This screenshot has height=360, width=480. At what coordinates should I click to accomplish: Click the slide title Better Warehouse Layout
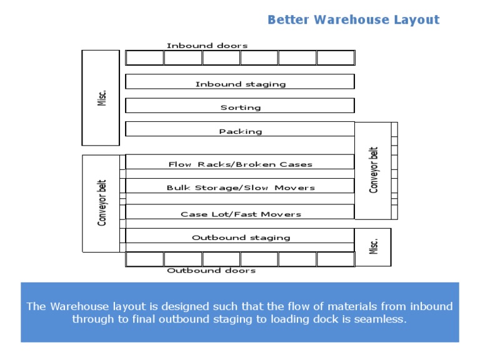tap(354, 20)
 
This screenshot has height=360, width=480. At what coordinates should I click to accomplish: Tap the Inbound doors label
tap(207, 46)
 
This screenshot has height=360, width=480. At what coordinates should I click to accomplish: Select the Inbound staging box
tap(240, 81)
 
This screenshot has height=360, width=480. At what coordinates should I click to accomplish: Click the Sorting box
tap(240, 105)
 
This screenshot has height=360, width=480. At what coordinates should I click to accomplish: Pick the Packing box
tap(240, 129)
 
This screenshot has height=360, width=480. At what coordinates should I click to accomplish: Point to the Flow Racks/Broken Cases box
tap(240, 162)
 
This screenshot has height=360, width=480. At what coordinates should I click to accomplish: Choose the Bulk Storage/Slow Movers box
tap(240, 186)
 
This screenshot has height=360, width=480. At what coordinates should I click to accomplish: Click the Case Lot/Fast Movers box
tap(240, 211)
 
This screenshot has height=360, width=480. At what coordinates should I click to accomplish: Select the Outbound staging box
tap(240, 236)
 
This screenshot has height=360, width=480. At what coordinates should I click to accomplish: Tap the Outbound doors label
tap(211, 271)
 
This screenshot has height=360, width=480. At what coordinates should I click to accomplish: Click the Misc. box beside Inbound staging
tap(101, 98)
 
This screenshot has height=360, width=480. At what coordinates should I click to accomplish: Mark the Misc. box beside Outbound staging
tap(373, 247)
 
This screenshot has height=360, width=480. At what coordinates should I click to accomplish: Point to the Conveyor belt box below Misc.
tap(101, 204)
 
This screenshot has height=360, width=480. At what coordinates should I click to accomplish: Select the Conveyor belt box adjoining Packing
tap(373, 171)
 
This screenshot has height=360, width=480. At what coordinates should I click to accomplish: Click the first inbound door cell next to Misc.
tap(145, 58)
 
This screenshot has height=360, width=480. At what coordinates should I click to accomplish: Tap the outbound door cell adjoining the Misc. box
tap(336, 259)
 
